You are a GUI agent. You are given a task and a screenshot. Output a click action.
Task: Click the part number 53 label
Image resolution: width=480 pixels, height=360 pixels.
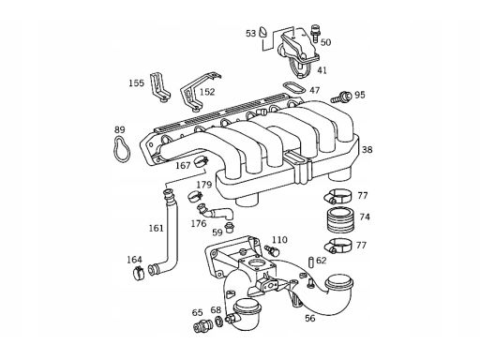point(250,33)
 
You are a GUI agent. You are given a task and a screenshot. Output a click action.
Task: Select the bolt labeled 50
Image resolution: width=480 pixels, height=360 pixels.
point(314,33)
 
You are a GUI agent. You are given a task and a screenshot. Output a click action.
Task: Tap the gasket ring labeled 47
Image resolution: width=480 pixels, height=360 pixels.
point(293,88)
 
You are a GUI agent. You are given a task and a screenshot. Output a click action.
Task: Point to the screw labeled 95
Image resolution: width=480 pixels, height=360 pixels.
point(340,97)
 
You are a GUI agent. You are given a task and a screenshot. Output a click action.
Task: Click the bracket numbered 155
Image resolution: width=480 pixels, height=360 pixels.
point(159,87)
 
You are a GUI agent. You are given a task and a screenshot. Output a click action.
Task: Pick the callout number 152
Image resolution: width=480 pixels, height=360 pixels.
point(208,92)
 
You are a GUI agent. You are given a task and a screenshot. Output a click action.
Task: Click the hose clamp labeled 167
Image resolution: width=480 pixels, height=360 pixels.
point(201,162)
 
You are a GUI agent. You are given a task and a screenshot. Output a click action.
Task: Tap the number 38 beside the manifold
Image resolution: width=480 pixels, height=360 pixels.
point(367,149)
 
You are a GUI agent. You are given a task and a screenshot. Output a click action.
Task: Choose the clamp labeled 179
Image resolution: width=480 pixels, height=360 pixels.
point(195,196)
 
